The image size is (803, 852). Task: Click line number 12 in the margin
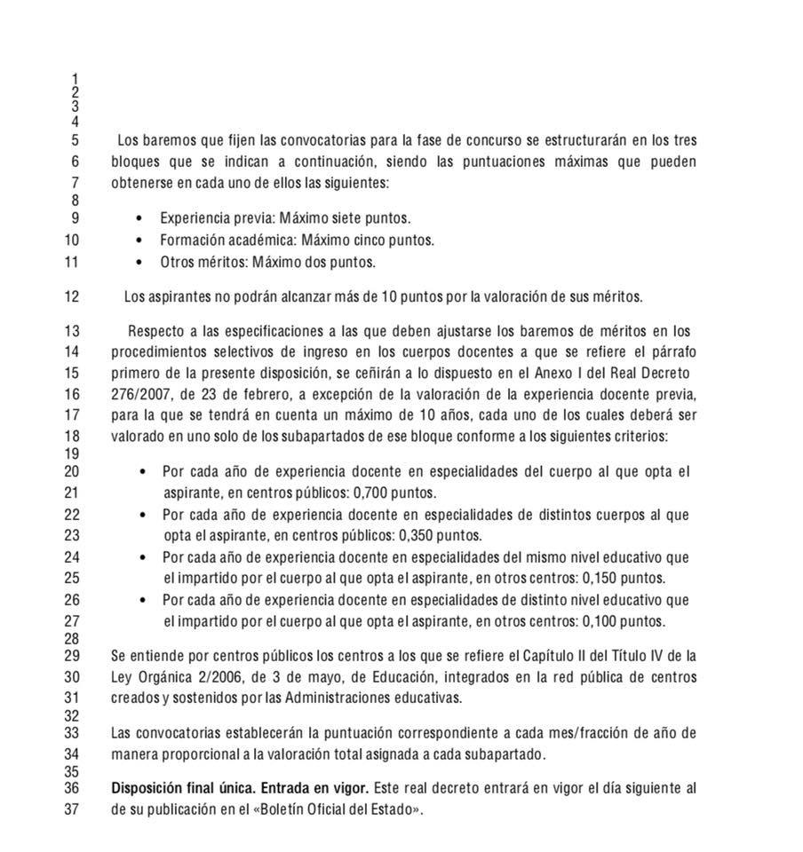click(71, 296)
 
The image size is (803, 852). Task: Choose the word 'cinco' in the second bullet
click(364, 240)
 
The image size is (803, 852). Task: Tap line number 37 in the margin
click(71, 809)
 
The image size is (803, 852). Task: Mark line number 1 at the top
click(75, 79)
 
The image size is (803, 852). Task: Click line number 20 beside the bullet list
click(71, 471)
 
